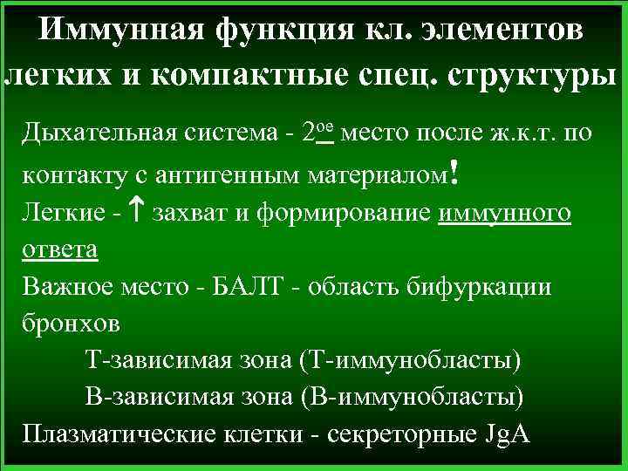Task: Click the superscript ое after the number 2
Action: [x=324, y=127]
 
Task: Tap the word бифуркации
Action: [x=479, y=287]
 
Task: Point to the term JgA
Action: [x=505, y=433]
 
